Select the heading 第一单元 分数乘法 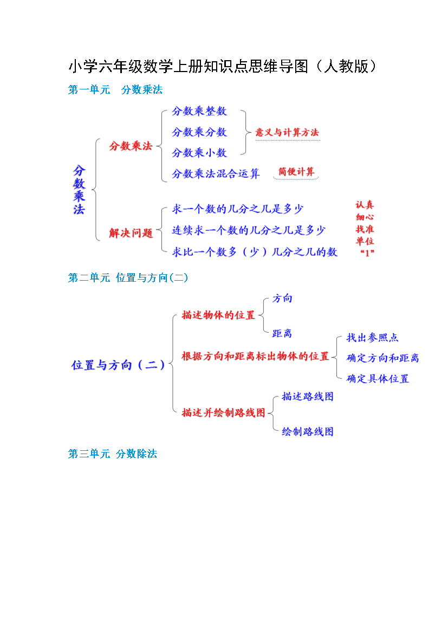click(x=115, y=90)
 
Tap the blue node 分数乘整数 click(x=199, y=111)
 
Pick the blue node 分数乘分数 click(x=199, y=132)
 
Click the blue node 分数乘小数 click(x=199, y=153)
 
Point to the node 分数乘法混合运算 click(x=216, y=174)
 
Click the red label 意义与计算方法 click(x=287, y=132)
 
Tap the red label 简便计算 click(x=296, y=171)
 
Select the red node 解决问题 click(x=131, y=233)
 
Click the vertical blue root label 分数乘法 click(x=79, y=190)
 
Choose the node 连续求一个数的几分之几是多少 click(x=249, y=230)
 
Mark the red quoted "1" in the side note click(x=367, y=253)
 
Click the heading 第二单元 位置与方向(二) click(x=128, y=278)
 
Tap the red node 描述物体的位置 click(x=218, y=315)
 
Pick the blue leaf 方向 click(x=282, y=299)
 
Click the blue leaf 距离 click(x=282, y=334)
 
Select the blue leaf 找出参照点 click(x=372, y=338)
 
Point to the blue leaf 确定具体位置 click(x=378, y=379)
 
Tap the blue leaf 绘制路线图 click(x=308, y=432)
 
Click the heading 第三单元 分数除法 click(x=112, y=454)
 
